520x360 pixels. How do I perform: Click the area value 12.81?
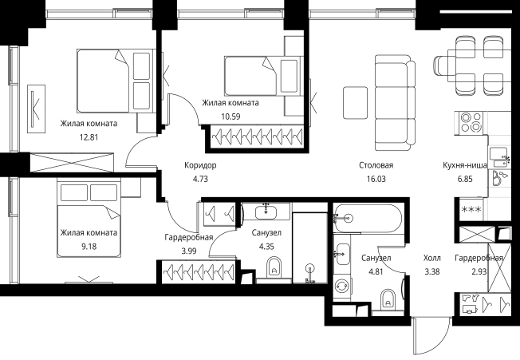point(89,137)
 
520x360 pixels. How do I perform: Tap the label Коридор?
point(200,165)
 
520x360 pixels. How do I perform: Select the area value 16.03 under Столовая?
point(376,179)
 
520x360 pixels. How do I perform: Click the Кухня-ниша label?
point(465,165)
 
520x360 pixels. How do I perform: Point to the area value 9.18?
point(89,247)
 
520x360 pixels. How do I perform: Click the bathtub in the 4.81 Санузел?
point(368,218)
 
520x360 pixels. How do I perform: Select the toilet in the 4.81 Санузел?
point(388,299)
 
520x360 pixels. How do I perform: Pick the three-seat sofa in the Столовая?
point(395,102)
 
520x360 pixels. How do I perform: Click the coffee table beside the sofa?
point(355,102)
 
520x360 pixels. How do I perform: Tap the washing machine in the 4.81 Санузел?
point(342,286)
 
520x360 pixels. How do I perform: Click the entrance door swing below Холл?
point(431,335)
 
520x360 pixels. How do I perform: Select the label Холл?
point(432,258)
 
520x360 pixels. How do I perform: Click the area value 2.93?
point(479,271)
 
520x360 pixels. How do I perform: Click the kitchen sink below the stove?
point(499,157)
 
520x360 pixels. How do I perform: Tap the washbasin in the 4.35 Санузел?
point(266,212)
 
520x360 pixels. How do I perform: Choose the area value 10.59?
point(230,117)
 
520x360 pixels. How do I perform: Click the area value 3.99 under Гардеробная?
point(189,251)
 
